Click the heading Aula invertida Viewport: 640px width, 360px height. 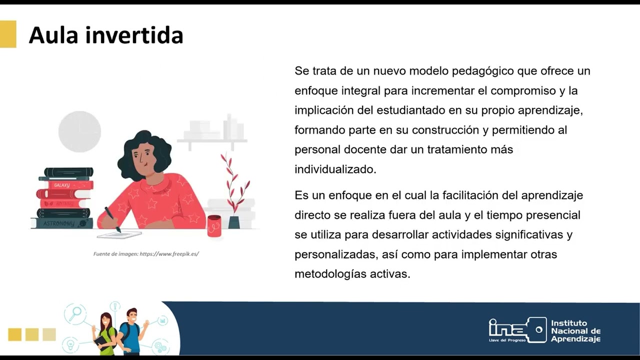tap(105, 35)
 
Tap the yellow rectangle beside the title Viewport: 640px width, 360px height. tap(8, 34)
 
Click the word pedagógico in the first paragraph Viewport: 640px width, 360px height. tap(482, 71)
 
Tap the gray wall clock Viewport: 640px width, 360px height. tap(79, 131)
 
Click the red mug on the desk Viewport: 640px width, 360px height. tap(214, 225)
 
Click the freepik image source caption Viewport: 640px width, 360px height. tap(146, 254)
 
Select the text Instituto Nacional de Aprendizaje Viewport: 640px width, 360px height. tap(575, 331)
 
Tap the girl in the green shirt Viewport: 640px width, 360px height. tap(106, 332)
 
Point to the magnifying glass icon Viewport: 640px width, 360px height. tap(75, 313)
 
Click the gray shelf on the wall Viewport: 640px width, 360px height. tap(212, 140)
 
